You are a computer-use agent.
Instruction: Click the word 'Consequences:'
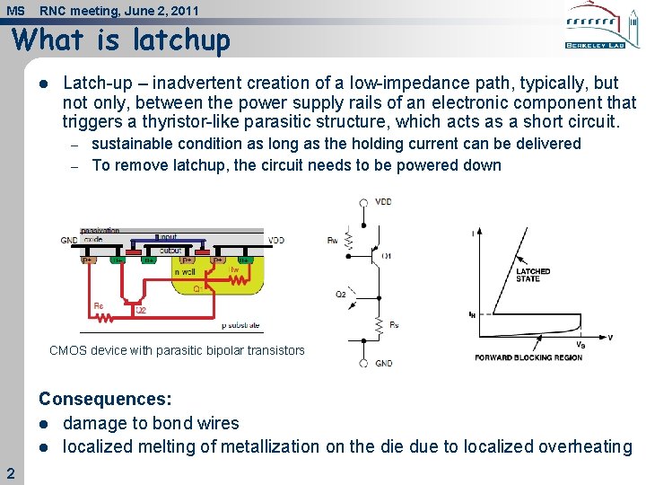105,399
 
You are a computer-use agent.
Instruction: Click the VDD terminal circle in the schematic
362,202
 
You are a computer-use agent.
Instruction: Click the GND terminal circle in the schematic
362,364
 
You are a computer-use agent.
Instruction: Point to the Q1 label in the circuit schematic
387,256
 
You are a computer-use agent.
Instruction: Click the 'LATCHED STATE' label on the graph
533,275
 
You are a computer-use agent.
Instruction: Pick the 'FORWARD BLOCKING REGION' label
528,357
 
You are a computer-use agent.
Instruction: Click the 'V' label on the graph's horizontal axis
610,338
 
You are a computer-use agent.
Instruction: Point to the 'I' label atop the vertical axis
473,234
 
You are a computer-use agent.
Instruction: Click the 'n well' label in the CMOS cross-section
185,270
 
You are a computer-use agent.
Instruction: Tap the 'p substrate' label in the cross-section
240,325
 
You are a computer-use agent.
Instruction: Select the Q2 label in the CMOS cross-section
141,310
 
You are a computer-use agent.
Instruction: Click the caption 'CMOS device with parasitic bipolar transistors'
177,351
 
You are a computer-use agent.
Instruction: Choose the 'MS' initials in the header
15,11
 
